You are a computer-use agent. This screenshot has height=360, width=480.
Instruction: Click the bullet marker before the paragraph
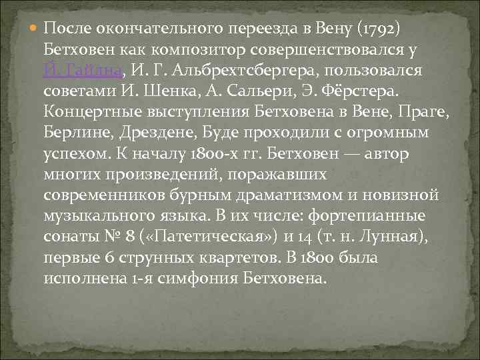click(x=35, y=29)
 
